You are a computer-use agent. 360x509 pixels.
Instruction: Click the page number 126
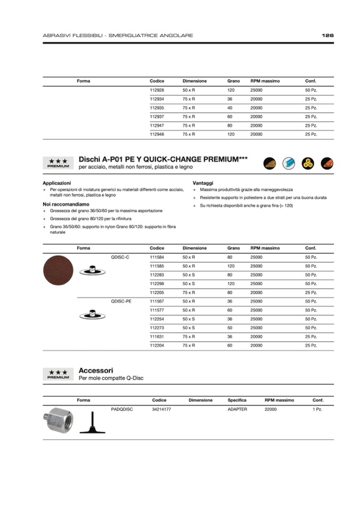(327, 36)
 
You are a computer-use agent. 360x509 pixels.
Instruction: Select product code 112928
(157, 90)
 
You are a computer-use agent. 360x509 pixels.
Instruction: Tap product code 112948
(157, 134)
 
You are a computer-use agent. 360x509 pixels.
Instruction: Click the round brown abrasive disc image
(58, 270)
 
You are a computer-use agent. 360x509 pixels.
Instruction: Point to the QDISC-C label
(120, 257)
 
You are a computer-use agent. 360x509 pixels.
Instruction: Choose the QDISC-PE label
(121, 301)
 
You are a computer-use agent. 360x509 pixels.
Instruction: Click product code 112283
(157, 275)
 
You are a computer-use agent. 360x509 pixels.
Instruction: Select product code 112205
(157, 292)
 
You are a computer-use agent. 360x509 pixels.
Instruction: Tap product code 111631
(157, 337)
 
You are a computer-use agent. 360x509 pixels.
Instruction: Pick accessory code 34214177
(161, 409)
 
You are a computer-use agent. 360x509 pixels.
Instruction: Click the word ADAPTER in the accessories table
(237, 409)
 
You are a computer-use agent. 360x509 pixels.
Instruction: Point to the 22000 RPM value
(270, 409)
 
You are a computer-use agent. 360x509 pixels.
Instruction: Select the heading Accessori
(96, 370)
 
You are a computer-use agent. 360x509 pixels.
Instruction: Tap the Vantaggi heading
(203, 183)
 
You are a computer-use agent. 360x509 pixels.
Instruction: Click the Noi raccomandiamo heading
(66, 204)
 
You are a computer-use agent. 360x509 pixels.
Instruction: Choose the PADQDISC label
(122, 409)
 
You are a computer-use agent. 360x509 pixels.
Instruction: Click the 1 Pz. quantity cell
(318, 409)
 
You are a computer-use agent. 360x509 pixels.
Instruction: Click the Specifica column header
(237, 400)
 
